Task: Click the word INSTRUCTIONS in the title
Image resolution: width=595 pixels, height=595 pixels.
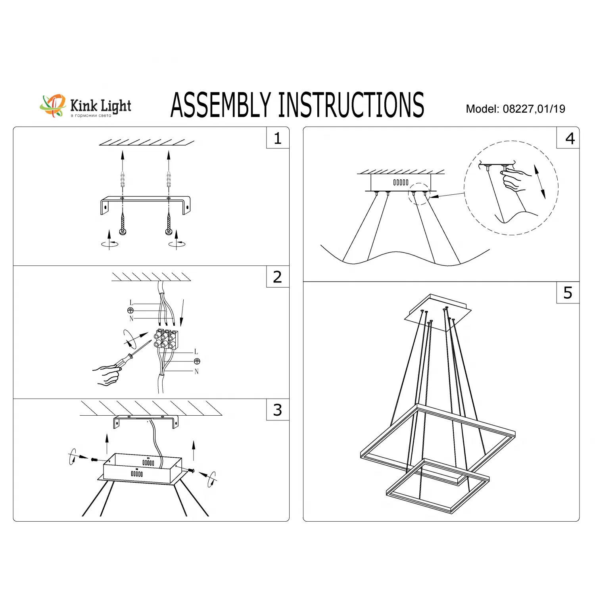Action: pos(351,105)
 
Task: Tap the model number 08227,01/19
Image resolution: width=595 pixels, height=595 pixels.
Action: pos(534,109)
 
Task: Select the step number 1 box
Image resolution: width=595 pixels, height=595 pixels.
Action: pos(278,138)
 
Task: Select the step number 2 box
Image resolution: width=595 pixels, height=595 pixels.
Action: pos(278,277)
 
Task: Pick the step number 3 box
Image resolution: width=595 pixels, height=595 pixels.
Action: pos(278,410)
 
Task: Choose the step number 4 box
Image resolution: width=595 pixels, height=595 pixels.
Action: pos(570,138)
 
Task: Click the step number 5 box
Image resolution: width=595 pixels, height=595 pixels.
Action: pos(568,293)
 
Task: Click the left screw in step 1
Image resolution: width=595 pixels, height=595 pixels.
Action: pos(123,224)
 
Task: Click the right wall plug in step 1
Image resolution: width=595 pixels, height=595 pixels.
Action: pos(169,179)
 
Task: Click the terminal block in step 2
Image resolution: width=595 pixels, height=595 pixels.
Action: pos(166,340)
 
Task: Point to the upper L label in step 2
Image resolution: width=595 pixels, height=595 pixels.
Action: pos(131,303)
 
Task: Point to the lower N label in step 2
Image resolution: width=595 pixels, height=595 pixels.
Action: pos(196,372)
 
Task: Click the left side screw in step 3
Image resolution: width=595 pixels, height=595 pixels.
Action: pos(94,459)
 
